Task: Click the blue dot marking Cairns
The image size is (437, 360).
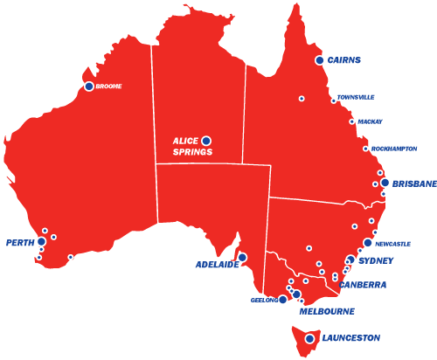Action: pyautogui.click(x=320, y=60)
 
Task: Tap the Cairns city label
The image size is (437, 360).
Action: pyautogui.click(x=345, y=60)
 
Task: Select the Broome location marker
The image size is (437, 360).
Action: pyautogui.click(x=89, y=87)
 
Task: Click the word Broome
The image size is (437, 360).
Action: pyautogui.click(x=109, y=87)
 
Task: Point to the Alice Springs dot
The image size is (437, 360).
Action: pyautogui.click(x=206, y=141)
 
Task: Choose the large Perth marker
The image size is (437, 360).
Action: pyautogui.click(x=41, y=241)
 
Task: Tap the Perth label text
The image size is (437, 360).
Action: pyautogui.click(x=19, y=242)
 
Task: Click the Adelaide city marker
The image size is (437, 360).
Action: pyautogui.click(x=242, y=258)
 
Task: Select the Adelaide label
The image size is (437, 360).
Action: pyautogui.click(x=217, y=265)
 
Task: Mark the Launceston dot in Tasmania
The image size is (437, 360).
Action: pyautogui.click(x=309, y=339)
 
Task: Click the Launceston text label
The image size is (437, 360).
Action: pyautogui.click(x=350, y=338)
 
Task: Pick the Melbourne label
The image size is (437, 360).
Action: pyautogui.click(x=327, y=310)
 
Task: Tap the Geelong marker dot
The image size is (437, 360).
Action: pyautogui.click(x=282, y=300)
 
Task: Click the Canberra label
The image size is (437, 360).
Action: pyautogui.click(x=362, y=285)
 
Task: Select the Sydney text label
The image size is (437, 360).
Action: pyautogui.click(x=376, y=260)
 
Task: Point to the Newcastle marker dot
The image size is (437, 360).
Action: pyautogui.click(x=368, y=243)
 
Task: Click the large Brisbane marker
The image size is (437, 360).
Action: pyautogui.click(x=385, y=183)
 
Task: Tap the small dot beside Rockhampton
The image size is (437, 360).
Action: pyautogui.click(x=365, y=149)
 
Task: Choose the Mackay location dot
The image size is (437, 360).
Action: pyautogui.click(x=352, y=121)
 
